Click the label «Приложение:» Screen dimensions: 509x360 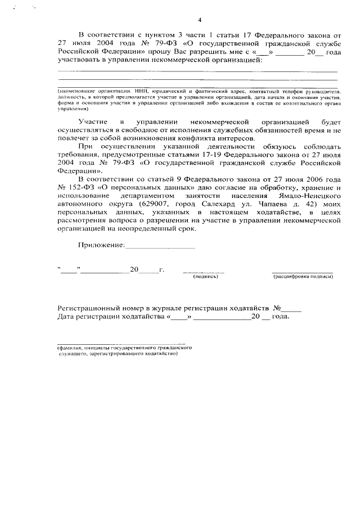(x=101, y=245)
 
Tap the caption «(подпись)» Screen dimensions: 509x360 (x=205, y=277)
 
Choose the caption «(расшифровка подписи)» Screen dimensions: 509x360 (x=303, y=277)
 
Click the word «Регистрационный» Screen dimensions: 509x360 (x=93, y=308)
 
